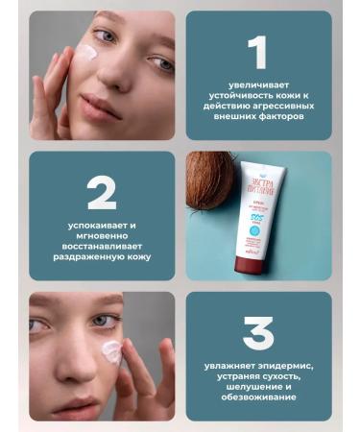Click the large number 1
[257, 55]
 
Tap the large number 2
[101, 194]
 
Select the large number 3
[257, 332]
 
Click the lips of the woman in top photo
[100, 104]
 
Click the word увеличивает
[257, 86]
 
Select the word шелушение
[263, 386]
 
